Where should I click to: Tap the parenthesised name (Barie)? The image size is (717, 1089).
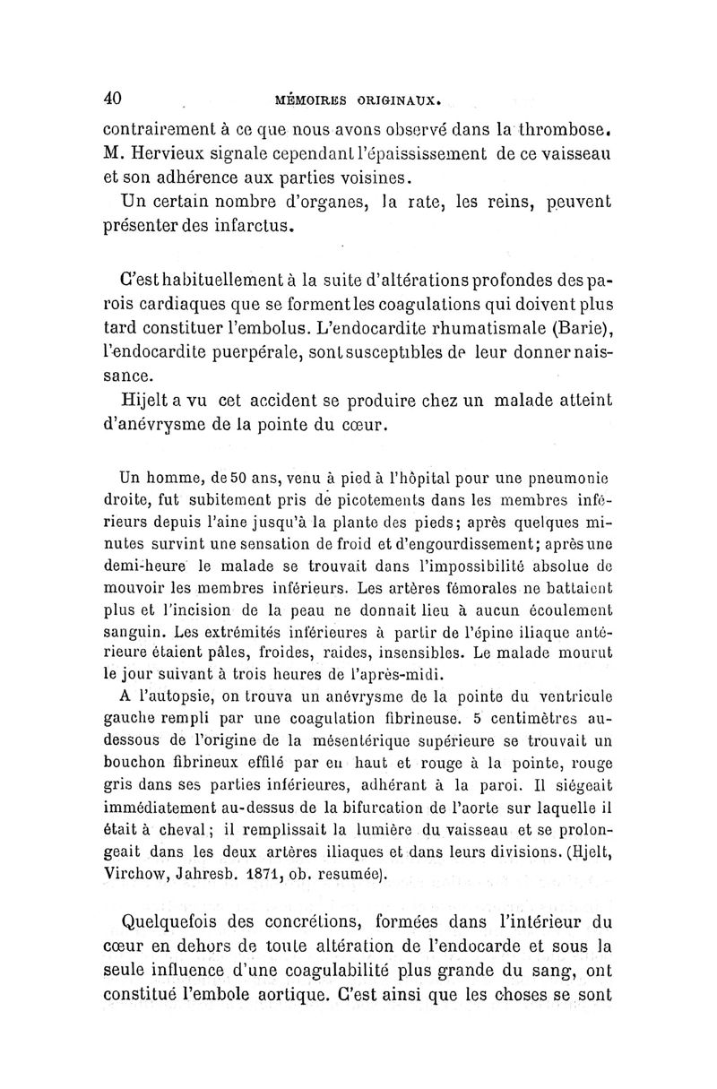(x=583, y=322)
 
